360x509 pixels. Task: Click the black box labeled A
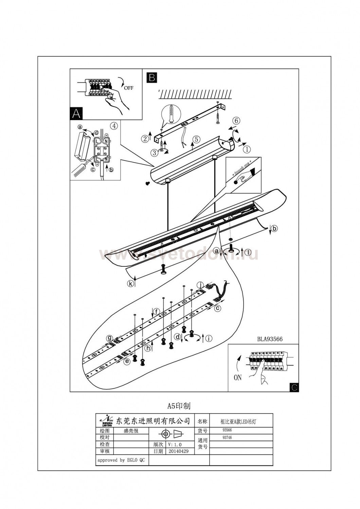click(76, 113)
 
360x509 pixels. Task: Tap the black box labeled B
click(151, 77)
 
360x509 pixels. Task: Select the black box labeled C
click(294, 387)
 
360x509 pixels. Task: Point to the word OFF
click(129, 88)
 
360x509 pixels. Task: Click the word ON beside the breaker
click(238, 377)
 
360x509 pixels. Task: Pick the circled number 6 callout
click(236, 120)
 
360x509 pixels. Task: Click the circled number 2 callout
click(145, 138)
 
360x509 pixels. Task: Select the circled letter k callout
click(131, 284)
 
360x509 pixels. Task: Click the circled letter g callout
click(109, 338)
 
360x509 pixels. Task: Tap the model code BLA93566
click(270, 339)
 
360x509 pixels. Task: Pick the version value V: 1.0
click(175, 444)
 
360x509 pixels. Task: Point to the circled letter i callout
click(209, 338)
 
